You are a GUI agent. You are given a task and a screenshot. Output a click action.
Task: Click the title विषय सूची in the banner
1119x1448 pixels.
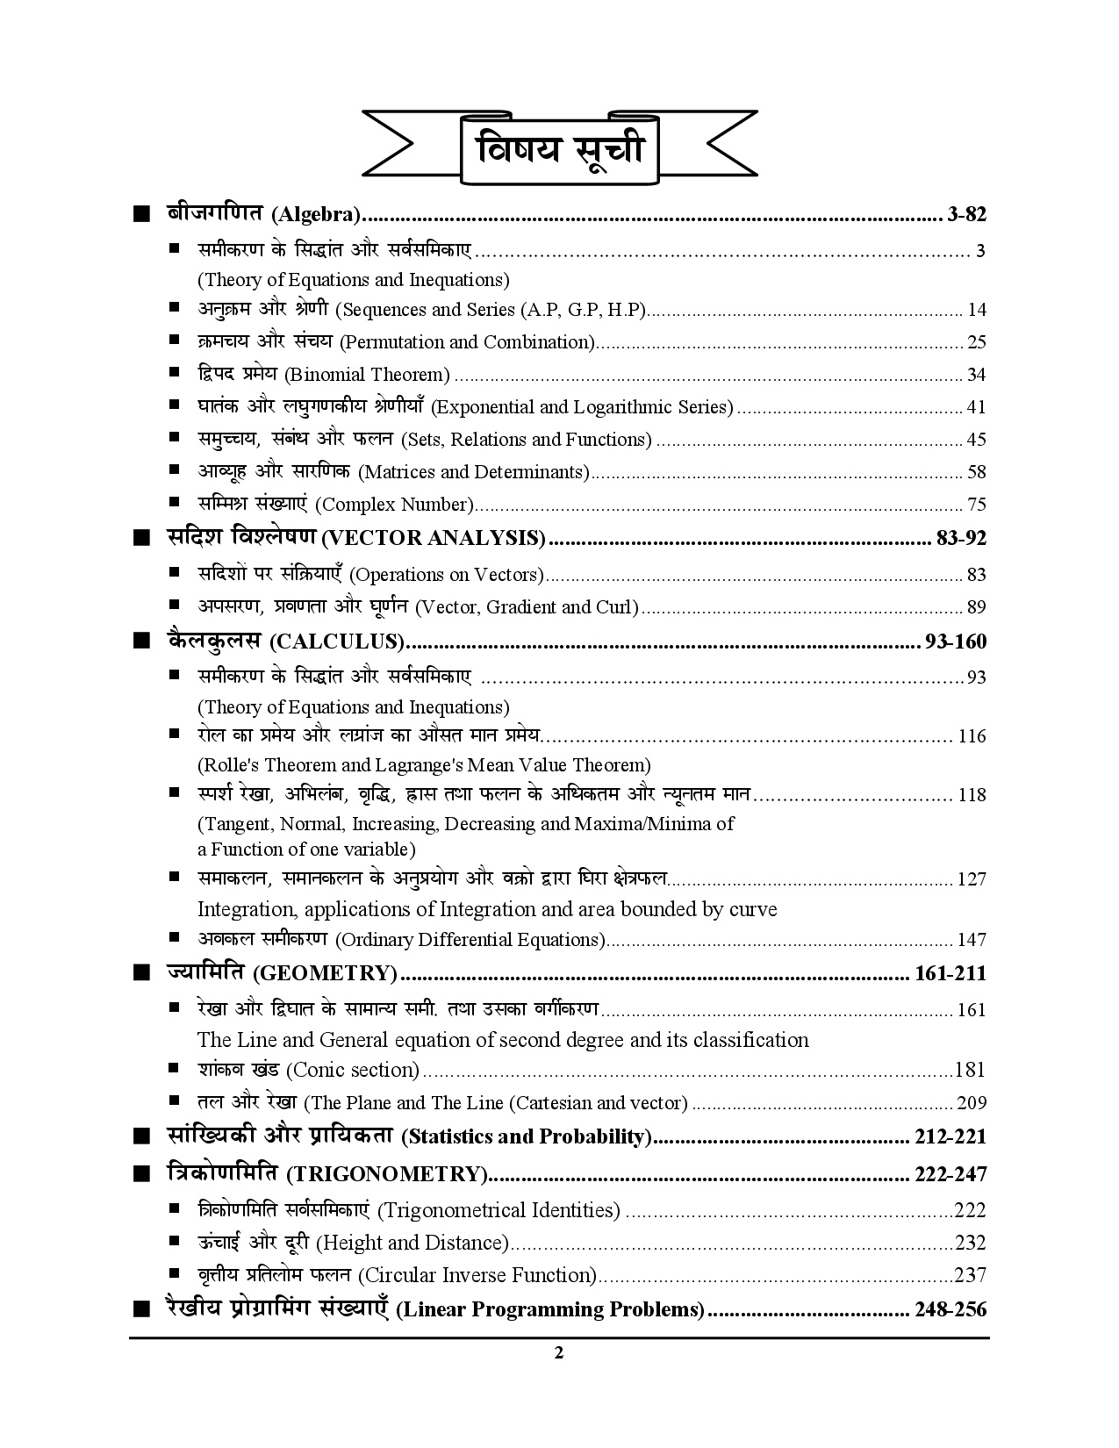point(559,149)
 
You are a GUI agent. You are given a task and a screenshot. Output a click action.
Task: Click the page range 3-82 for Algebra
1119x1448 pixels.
point(967,214)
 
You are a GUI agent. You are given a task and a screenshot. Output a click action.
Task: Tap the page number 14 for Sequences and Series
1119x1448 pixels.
point(976,310)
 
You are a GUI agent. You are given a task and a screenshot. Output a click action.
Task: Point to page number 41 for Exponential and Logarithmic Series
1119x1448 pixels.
point(976,407)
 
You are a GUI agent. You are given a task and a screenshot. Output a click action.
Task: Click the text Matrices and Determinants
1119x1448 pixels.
point(474,472)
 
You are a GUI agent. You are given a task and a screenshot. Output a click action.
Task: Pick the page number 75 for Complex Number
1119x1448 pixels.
point(976,505)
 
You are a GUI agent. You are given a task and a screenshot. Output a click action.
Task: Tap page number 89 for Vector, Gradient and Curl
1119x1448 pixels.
point(976,607)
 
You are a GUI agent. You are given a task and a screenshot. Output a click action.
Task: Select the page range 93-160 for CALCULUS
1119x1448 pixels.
point(955,642)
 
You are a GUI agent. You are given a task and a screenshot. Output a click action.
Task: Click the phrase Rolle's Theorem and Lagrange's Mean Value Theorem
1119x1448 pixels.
point(424,765)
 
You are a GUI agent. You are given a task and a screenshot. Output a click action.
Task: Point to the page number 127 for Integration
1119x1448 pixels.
point(972,879)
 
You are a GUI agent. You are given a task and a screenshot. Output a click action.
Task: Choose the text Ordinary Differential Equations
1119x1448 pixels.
point(470,940)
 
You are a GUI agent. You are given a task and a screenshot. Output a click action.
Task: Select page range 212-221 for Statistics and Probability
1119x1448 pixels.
point(950,1137)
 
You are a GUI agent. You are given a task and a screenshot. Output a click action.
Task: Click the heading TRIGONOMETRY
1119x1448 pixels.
point(386,1174)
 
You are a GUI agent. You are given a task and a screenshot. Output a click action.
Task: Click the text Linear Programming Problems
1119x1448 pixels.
point(550,1310)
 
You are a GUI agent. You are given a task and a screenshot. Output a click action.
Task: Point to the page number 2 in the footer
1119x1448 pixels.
point(559,1352)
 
